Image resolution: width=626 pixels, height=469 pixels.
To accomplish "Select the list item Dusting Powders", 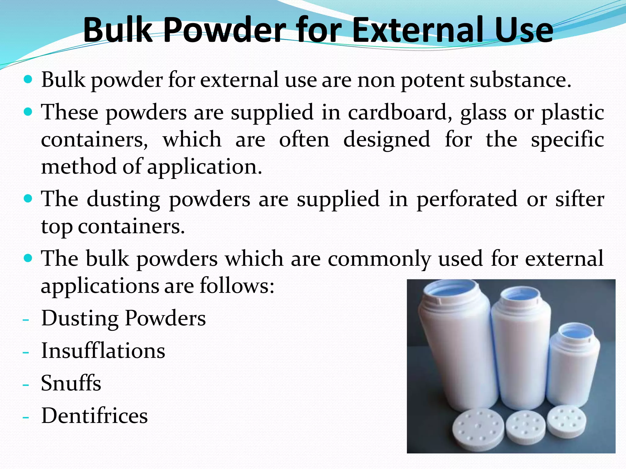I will pos(123,318).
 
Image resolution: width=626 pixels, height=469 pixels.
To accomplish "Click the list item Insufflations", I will pos(103,351).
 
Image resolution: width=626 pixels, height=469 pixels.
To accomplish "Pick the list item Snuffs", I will pos(71,383).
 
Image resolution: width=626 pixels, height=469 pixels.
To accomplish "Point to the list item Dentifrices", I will pos(94,416).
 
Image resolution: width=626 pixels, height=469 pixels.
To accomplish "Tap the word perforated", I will pos(467,199).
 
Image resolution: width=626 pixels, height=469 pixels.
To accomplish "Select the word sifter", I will pos(580,199).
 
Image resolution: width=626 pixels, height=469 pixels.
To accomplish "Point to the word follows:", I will pos(237,286).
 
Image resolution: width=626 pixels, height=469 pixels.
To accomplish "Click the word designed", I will pos(387,140).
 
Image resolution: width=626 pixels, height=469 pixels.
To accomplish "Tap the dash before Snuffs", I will pos(26,385).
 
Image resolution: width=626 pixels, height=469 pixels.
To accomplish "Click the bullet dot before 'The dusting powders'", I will pos(28,199).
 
